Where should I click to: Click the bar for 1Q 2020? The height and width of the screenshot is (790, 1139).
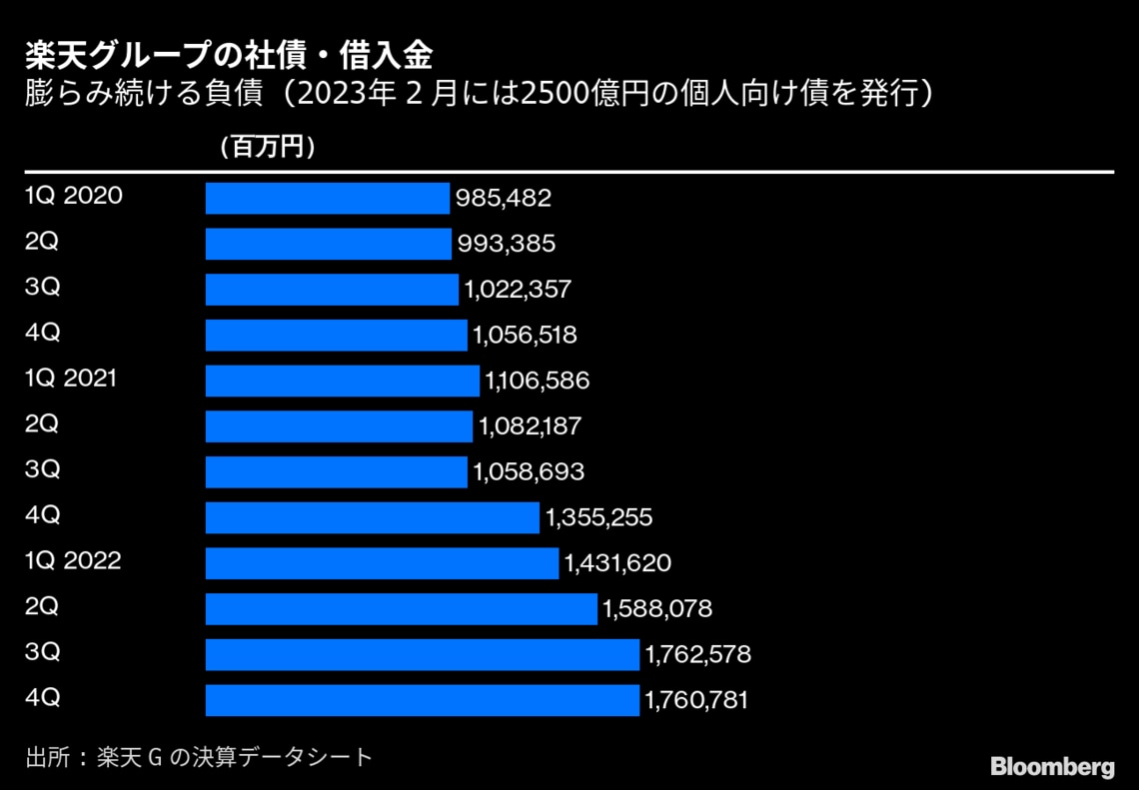click(328, 198)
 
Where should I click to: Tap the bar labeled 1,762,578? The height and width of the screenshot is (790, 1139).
click(423, 655)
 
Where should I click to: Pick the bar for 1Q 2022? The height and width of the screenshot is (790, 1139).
click(382, 563)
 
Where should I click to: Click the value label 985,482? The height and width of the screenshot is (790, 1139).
click(504, 198)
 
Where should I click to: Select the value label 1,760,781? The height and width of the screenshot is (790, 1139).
click(697, 701)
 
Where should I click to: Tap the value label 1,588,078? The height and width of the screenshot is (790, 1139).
click(657, 609)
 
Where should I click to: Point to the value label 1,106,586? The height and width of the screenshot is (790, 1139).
click(537, 381)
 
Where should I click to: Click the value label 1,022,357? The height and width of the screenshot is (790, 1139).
click(518, 290)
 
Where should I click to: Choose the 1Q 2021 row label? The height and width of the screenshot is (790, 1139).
click(71, 379)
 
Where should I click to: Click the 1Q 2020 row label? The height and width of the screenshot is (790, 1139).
click(74, 196)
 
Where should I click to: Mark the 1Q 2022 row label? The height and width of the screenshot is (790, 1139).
click(73, 561)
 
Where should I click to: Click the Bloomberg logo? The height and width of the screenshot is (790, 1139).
click(1052, 767)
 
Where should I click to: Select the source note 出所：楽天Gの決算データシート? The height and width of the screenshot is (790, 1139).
click(199, 757)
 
